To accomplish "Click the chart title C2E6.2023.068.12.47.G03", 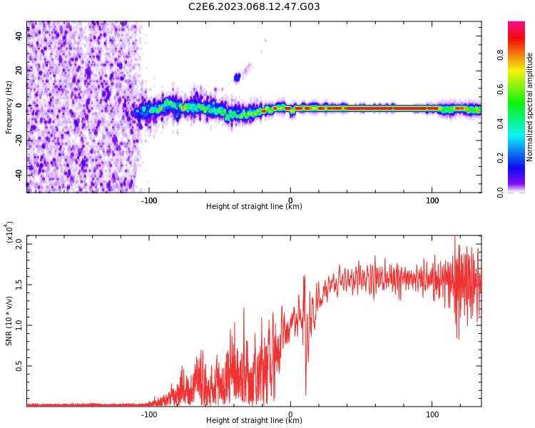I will pyautogui.click(x=254, y=7).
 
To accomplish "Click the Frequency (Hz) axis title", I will pyautogui.click(x=9, y=107).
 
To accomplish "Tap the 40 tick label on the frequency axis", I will pyautogui.click(x=19, y=36).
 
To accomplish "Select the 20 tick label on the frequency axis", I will pyautogui.click(x=19, y=71).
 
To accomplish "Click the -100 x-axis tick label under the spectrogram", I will pyautogui.click(x=148, y=200).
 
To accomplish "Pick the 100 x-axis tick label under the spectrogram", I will pyautogui.click(x=432, y=200).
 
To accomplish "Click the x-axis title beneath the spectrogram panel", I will pyautogui.click(x=254, y=207).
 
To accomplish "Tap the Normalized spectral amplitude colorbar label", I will pyautogui.click(x=530, y=107).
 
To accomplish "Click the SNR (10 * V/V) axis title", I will pyautogui.click(x=9, y=321).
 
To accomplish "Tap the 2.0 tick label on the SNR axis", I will pyautogui.click(x=19, y=243).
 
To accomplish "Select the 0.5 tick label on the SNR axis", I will pyautogui.click(x=19, y=367).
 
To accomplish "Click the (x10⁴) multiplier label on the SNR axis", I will pyautogui.click(x=9, y=232).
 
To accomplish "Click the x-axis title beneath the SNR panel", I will pyautogui.click(x=254, y=421).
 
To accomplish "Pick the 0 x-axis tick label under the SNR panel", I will pyautogui.click(x=290, y=414).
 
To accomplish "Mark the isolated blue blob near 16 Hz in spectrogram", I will pyautogui.click(x=238, y=77).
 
